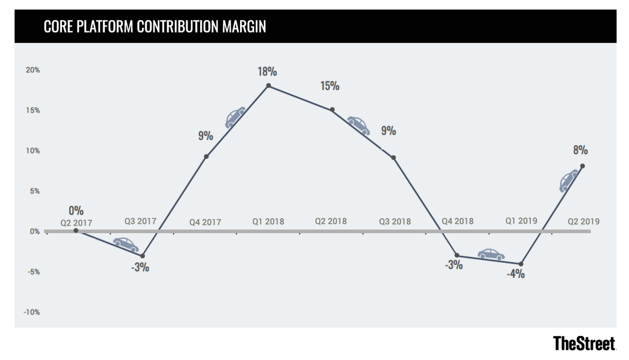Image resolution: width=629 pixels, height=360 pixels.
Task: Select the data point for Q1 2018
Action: (268, 85)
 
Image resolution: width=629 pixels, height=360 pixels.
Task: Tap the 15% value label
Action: (330, 85)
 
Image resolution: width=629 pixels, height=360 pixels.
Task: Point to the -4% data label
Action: (516, 274)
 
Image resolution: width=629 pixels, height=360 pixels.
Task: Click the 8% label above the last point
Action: (580, 150)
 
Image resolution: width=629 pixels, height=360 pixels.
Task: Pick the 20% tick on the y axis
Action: (32, 70)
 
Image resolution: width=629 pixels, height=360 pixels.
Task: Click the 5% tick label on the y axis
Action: (34, 191)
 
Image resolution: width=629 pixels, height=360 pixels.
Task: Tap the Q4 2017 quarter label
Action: (205, 222)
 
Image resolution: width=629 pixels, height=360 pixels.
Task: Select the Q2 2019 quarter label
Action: (583, 221)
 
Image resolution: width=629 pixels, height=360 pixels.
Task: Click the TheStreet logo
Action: (584, 344)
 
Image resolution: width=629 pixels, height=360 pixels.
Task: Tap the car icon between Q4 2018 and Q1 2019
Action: (491, 254)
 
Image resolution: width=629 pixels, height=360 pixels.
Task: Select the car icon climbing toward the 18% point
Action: (235, 117)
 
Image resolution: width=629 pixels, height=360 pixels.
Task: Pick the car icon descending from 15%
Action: (359, 125)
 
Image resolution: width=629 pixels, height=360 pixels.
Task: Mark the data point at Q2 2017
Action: (76, 231)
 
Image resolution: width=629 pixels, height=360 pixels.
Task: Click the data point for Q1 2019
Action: (520, 264)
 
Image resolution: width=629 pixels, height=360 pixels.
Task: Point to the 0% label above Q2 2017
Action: (75, 211)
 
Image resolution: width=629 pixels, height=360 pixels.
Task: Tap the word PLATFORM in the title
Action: (106, 27)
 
